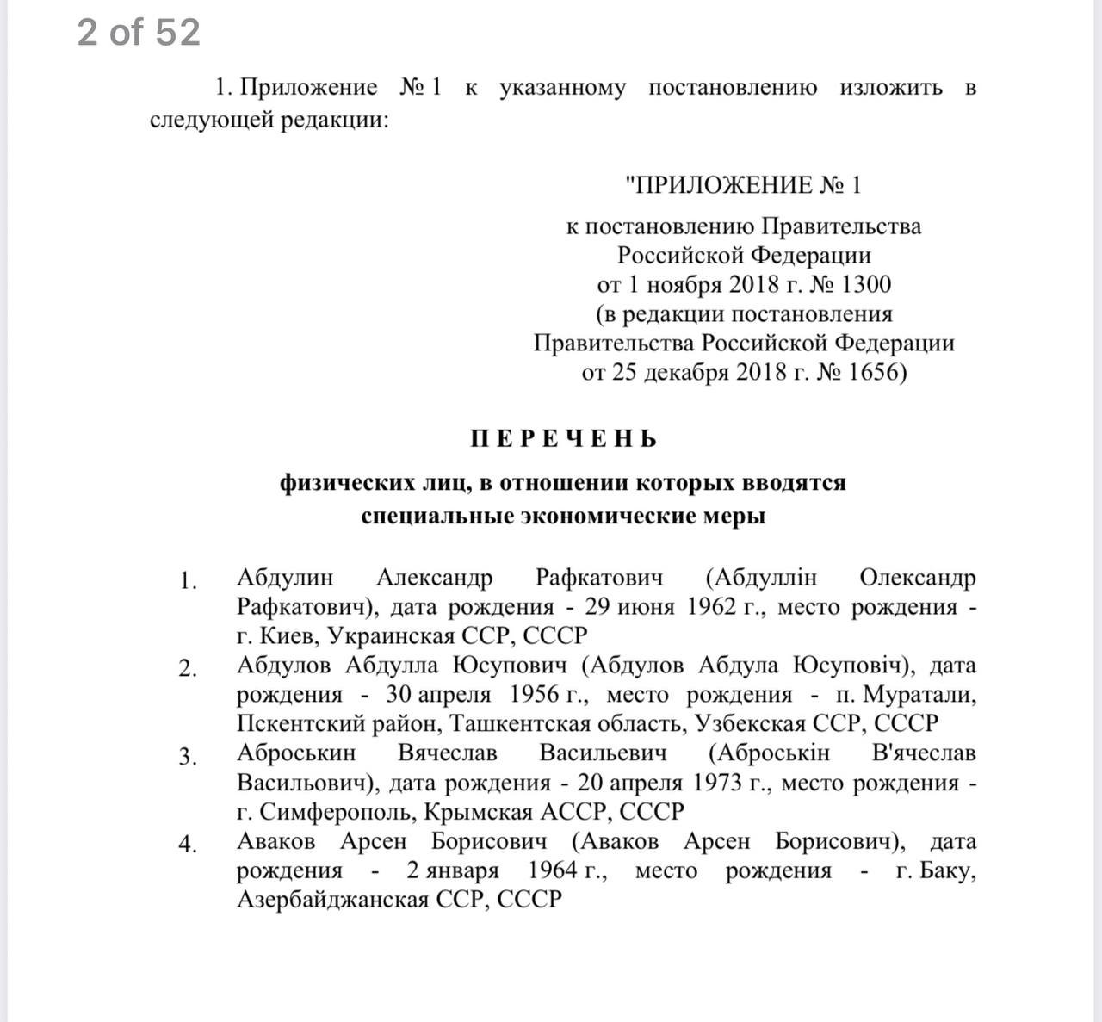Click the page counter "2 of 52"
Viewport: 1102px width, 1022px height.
click(x=139, y=33)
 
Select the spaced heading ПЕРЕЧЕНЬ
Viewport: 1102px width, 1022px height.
click(x=564, y=439)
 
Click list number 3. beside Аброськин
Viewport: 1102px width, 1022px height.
click(x=188, y=757)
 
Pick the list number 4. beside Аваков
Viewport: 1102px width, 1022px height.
click(x=188, y=845)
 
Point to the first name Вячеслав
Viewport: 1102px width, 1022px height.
click(x=447, y=753)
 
